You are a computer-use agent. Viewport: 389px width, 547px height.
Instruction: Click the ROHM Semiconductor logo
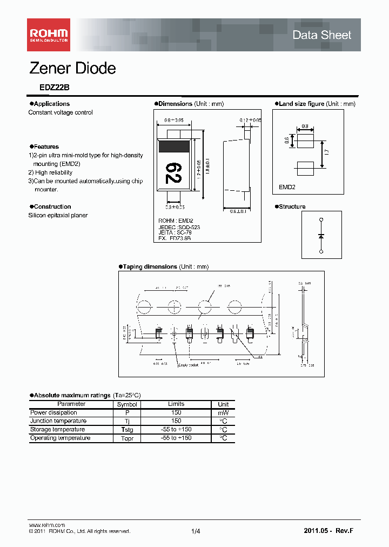point(49,35)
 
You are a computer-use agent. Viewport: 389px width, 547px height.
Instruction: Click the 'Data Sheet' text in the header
point(321,35)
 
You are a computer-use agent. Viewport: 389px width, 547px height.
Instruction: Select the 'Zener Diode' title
point(72,69)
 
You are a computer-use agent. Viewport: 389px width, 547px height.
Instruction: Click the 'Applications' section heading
point(51,104)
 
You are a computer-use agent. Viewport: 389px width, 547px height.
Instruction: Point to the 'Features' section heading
point(46,146)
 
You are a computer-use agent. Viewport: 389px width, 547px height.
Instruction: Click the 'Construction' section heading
point(52,206)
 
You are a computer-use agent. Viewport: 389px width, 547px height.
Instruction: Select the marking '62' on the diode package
point(173,172)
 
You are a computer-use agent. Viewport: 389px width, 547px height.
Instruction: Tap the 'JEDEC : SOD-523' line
point(179,228)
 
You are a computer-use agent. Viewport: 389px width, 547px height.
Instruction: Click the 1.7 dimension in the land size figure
point(326,153)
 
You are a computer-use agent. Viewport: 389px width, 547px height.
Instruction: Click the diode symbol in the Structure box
point(321,236)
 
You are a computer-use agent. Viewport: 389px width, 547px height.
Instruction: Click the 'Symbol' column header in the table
point(128,404)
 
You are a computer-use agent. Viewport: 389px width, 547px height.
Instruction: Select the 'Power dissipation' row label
point(54,412)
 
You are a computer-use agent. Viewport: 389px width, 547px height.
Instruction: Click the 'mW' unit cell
point(223,413)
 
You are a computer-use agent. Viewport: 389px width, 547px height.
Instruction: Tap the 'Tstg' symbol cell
point(128,430)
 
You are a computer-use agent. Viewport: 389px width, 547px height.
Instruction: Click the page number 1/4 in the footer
point(196,532)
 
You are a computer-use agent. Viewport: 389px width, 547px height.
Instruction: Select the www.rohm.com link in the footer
point(46,525)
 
